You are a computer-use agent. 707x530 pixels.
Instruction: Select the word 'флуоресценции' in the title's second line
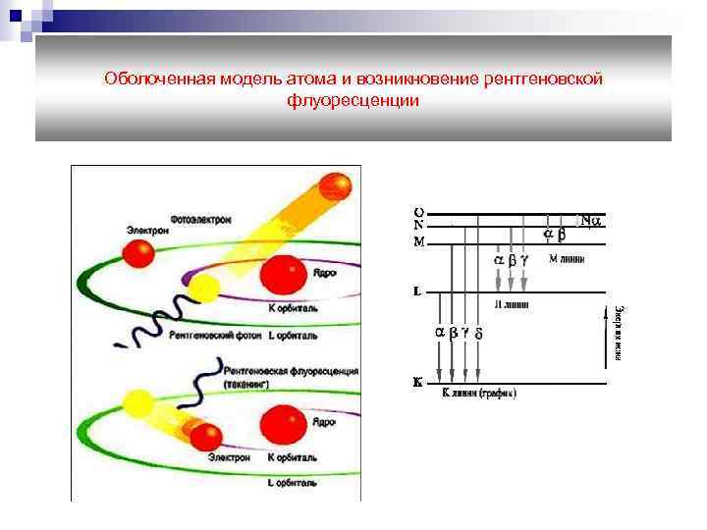click(x=353, y=100)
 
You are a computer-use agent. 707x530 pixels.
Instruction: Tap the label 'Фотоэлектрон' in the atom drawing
click(x=200, y=220)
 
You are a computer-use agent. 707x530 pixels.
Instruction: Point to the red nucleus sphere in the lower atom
click(x=279, y=425)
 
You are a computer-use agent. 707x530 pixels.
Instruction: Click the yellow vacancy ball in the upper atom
click(x=204, y=289)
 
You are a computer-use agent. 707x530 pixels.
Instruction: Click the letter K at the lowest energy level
click(x=417, y=384)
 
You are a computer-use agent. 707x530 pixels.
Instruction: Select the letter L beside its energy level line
click(x=417, y=291)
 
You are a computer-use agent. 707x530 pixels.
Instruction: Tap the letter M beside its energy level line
click(x=419, y=241)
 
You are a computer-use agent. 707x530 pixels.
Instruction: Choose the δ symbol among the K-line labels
click(x=478, y=333)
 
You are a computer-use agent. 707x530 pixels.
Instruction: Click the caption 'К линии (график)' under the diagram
click(x=479, y=394)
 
